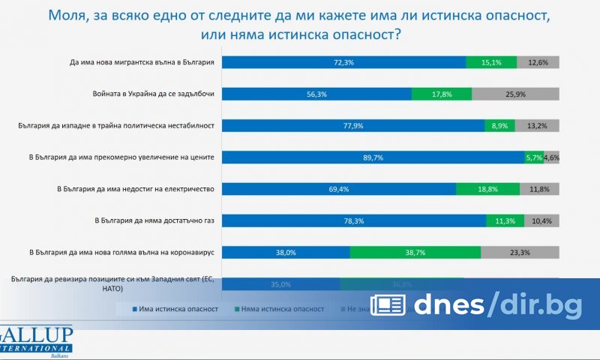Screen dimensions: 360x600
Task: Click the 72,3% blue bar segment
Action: coord(343,62)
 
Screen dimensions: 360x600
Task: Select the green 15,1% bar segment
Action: coord(490,62)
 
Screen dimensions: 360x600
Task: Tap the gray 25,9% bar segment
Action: coord(515,94)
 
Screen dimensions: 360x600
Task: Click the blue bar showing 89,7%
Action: coord(373,157)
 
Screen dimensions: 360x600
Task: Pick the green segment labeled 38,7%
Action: coord(415,253)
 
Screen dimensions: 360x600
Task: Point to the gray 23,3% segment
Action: coord(520,253)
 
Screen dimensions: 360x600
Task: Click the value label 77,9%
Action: coord(353,126)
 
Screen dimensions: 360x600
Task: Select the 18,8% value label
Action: coord(498,189)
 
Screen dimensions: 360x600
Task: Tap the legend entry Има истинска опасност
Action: coord(175,308)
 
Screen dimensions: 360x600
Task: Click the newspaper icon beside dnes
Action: coord(388,304)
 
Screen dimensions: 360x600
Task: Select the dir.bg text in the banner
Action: coord(538,304)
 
